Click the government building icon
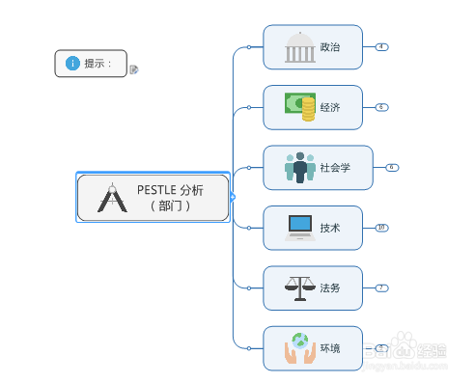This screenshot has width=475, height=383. (299, 47)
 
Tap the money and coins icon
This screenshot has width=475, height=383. (300, 106)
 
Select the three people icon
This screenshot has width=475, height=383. (300, 167)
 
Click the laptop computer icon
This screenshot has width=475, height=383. (300, 228)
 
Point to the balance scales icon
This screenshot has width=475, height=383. (299, 287)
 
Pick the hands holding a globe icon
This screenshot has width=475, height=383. (300, 348)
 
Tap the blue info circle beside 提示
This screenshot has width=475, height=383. (72, 64)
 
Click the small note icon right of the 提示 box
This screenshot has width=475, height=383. (134, 69)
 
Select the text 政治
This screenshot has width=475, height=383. (330, 47)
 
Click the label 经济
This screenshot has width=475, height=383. (330, 107)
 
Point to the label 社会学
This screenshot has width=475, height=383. (335, 168)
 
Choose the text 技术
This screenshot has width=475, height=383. (330, 228)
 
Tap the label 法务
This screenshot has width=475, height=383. (330, 287)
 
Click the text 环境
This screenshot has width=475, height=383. (330, 348)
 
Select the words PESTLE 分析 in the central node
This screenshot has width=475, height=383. (170, 190)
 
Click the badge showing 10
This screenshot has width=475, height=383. (381, 228)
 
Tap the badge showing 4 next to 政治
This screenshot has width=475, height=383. (381, 46)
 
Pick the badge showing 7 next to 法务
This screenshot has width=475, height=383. (381, 287)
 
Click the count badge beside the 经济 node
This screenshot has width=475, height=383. (381, 107)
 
